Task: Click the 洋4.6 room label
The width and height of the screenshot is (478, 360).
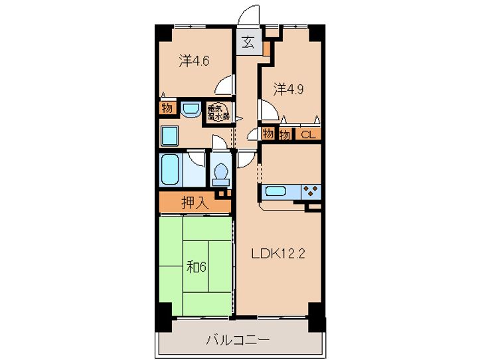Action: coord(193,61)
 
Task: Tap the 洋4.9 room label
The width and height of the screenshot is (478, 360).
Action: coord(289,88)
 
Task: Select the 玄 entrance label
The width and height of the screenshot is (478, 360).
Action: coord(248,43)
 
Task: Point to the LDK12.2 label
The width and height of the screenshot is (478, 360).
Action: coord(278,253)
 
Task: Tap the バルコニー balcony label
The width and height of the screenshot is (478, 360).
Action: coord(237,340)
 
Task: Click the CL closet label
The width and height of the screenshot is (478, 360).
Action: coord(307,134)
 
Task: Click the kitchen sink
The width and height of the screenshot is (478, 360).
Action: coord(276,192)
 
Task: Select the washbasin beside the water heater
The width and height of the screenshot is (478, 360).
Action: coord(191,110)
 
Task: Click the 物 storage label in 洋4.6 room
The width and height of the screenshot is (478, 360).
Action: coord(166,108)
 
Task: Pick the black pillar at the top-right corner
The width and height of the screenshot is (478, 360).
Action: coord(317,32)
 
